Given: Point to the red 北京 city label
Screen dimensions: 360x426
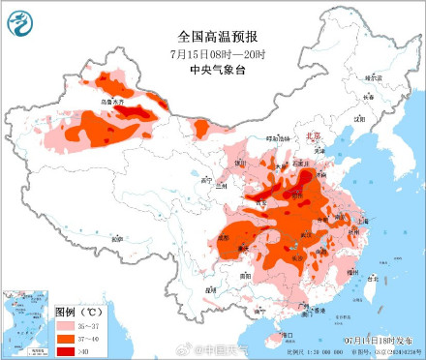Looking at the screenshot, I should pyautogui.click(x=311, y=137).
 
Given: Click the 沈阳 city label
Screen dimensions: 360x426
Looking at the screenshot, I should pyautogui.click(x=361, y=119).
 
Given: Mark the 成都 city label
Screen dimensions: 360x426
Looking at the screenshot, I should pyautogui.click(x=225, y=235).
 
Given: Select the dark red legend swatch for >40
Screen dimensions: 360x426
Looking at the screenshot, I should pyautogui.click(x=65, y=350).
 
